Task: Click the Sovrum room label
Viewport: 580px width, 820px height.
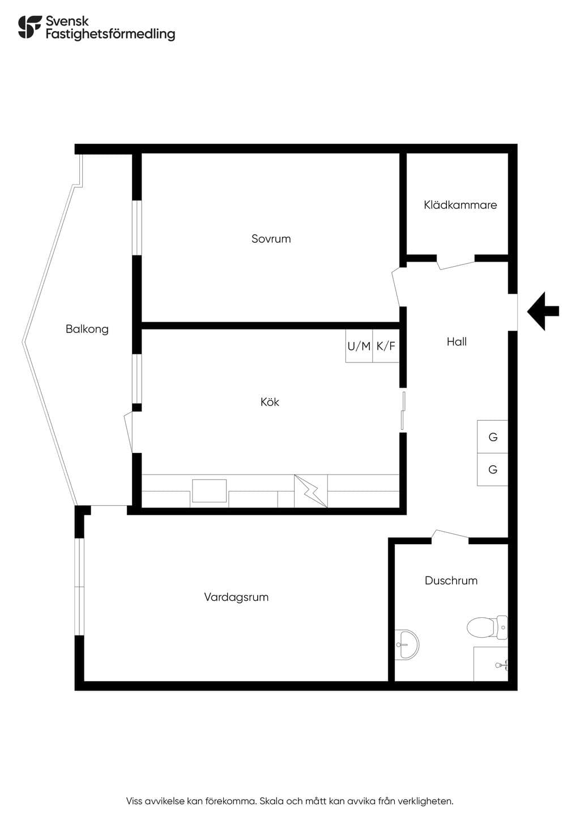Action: click(271, 238)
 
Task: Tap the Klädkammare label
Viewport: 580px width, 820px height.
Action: click(460, 204)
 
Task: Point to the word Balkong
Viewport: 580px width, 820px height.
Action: click(87, 329)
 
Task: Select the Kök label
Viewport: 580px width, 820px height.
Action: click(270, 402)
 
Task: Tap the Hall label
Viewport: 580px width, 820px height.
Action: click(457, 341)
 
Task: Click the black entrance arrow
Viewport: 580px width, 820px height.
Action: click(543, 311)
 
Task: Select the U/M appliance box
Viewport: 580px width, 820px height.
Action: click(359, 346)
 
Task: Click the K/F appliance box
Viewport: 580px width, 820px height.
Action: click(386, 346)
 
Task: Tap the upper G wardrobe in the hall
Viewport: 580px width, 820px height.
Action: click(492, 437)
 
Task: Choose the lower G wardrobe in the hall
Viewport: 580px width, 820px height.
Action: click(492, 469)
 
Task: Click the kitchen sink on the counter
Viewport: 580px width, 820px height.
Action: click(209, 491)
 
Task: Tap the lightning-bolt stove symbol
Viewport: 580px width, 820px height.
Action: click(311, 491)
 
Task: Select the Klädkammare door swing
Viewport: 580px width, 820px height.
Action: click(456, 263)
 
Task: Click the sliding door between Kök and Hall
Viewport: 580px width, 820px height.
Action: click(403, 411)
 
